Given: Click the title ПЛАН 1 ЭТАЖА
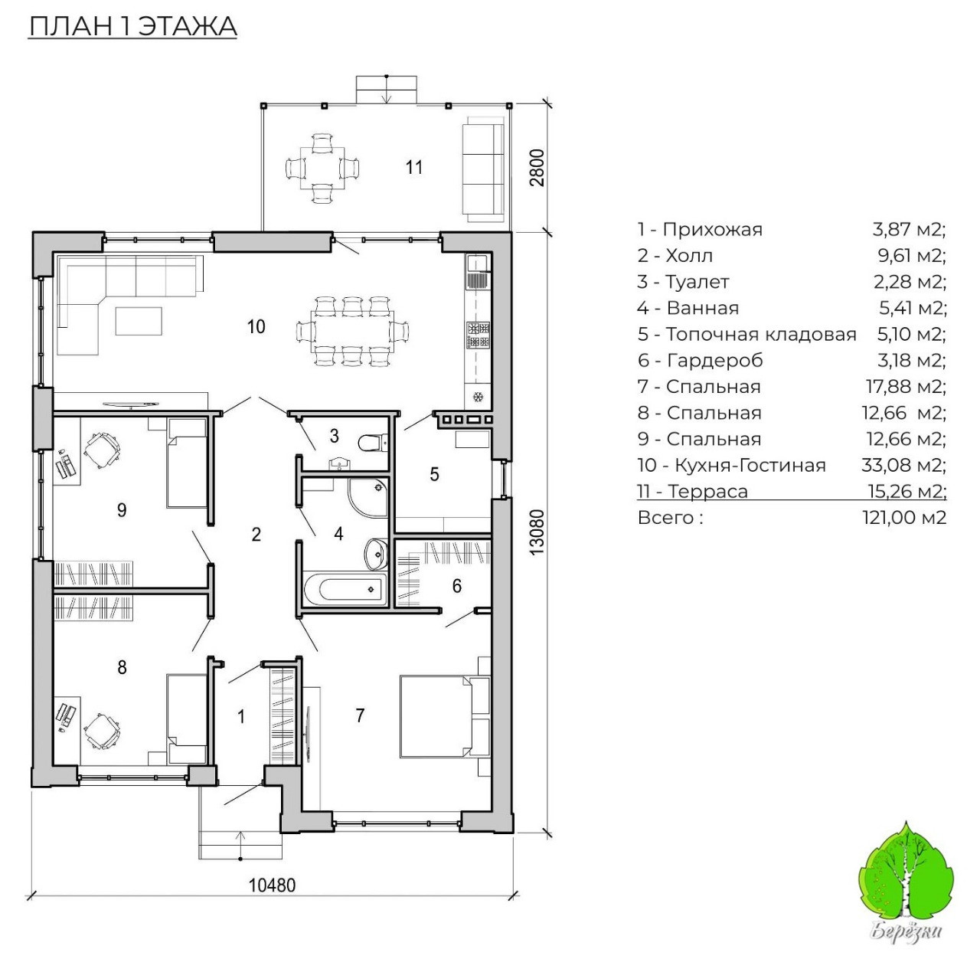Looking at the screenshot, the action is [x=132, y=26].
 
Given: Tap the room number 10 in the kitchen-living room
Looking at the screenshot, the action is [x=256, y=327].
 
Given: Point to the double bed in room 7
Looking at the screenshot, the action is [x=435, y=715].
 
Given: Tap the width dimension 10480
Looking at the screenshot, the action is [x=272, y=885].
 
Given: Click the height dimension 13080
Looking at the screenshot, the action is [x=537, y=532].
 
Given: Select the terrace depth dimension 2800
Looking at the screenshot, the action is [x=537, y=167].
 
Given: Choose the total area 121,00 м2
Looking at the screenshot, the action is [x=904, y=518].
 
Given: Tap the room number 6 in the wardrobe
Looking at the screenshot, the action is [x=457, y=586].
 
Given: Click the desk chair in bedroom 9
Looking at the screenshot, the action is [x=102, y=450].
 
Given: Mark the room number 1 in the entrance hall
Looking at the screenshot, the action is [x=242, y=716].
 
